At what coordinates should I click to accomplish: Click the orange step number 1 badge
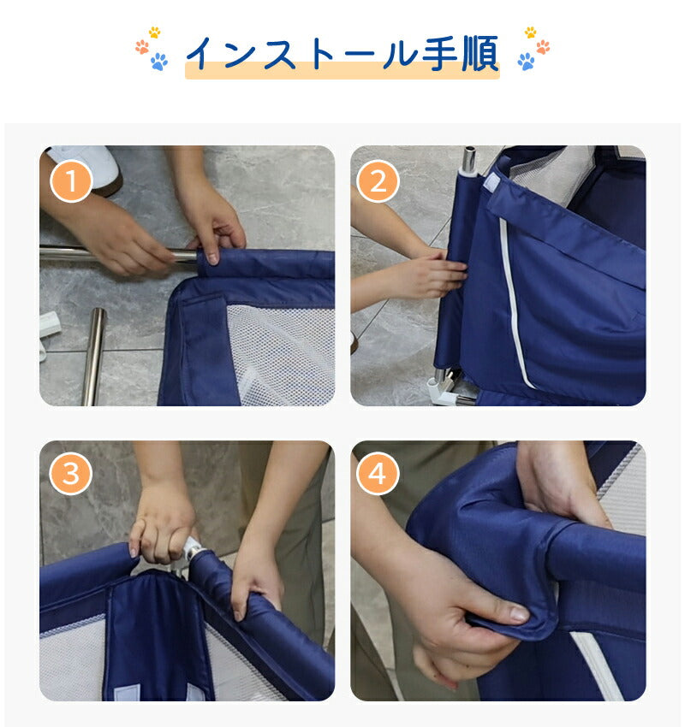point(71,180)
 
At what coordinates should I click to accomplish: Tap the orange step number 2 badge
point(378,180)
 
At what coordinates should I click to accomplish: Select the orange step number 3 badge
point(71,473)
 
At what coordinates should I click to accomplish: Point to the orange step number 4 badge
point(378,473)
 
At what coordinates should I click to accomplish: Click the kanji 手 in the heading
point(440,53)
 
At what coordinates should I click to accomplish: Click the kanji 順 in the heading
point(480,53)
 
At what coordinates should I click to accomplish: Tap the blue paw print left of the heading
point(159,62)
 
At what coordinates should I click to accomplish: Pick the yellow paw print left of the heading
point(154,32)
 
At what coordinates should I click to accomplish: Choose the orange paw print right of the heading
point(543,47)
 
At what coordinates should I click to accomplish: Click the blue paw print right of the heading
point(527,62)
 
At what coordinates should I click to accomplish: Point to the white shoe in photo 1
point(92,167)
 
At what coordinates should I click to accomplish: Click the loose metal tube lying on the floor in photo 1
point(94,356)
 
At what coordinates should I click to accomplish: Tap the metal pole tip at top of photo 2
point(469,159)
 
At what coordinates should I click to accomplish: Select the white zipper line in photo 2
point(515,301)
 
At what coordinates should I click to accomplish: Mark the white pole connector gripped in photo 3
point(191,547)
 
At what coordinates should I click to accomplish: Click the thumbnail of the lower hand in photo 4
point(520,614)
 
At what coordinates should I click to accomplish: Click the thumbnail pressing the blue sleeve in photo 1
point(212,257)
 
